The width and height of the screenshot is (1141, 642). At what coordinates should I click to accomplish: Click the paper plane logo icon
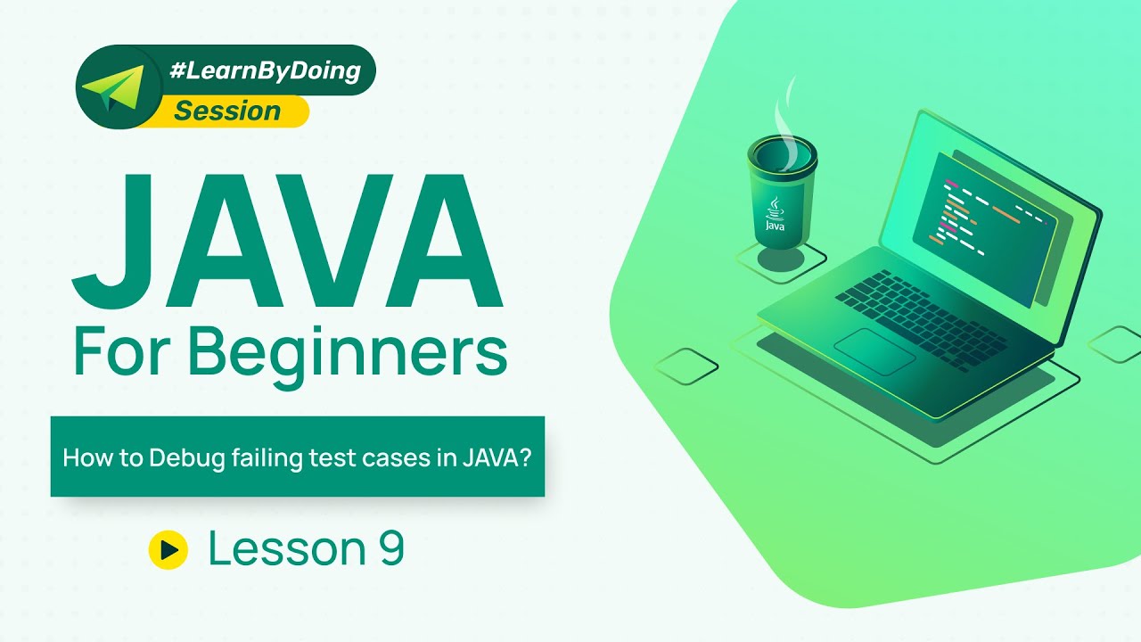pyautogui.click(x=110, y=86)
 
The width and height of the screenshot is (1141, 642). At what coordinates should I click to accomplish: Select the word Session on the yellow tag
pyautogui.click(x=227, y=111)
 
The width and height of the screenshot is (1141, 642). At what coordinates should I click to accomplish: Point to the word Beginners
pyautogui.click(x=349, y=352)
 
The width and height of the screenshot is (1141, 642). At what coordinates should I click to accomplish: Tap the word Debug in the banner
pyautogui.click(x=184, y=458)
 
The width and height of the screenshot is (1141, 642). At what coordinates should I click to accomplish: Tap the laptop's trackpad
pyautogui.click(x=874, y=351)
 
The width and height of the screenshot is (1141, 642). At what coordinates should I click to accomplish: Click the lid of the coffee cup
pyautogui.click(x=782, y=152)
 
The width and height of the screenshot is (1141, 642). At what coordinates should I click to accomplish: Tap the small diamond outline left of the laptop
pyautogui.click(x=686, y=366)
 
